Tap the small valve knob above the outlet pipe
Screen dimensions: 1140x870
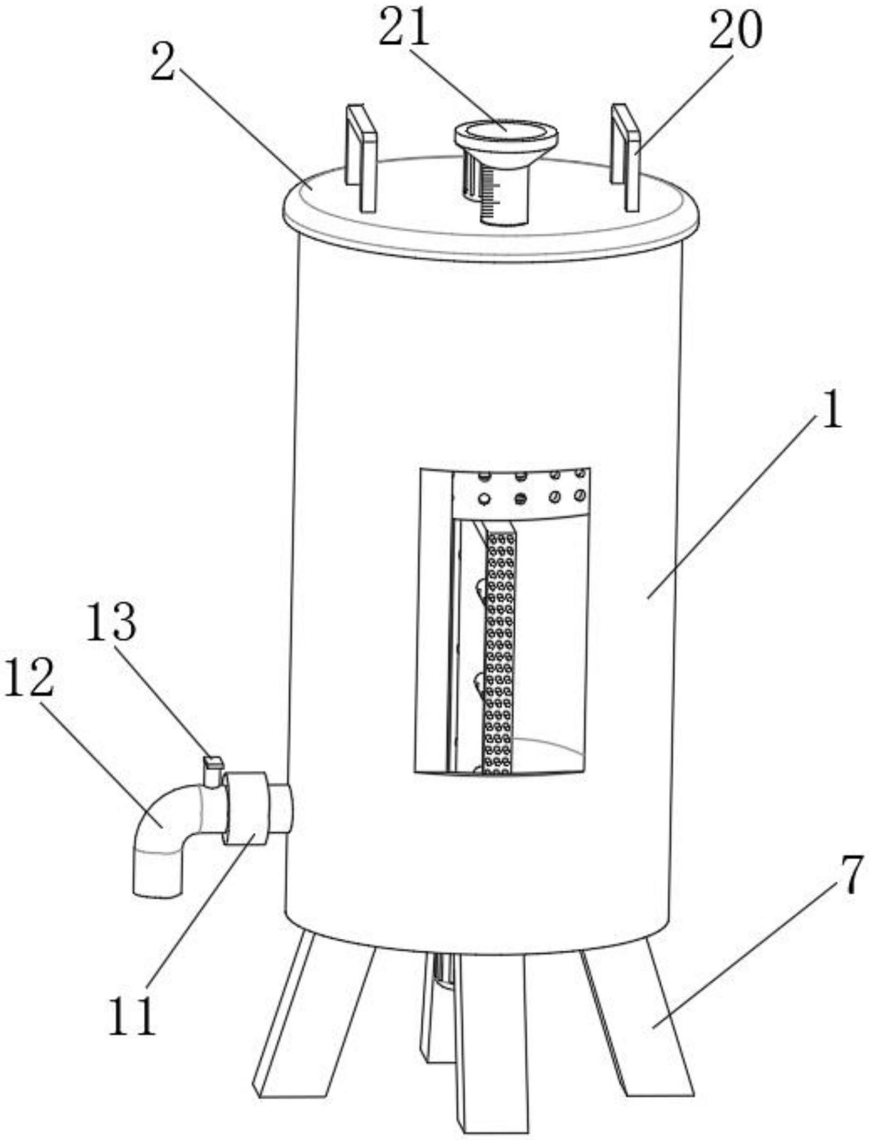(213, 771)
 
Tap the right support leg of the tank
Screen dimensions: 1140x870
(644, 1020)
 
